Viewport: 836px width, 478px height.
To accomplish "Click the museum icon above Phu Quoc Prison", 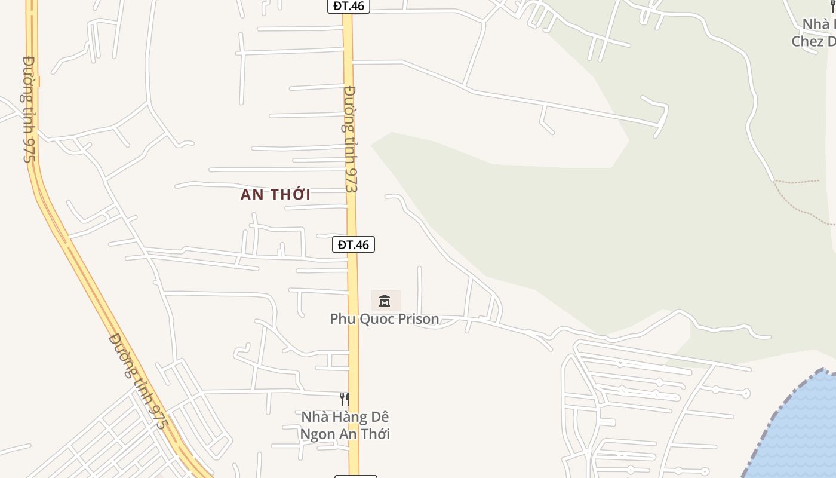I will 385,301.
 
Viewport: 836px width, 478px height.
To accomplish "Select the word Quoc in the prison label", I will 372,319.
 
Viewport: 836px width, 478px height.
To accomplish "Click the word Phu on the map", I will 343,319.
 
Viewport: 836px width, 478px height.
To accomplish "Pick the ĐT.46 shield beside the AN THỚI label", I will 354,244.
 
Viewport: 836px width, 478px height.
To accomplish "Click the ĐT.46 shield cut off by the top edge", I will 349,6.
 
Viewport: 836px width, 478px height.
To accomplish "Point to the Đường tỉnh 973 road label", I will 351,139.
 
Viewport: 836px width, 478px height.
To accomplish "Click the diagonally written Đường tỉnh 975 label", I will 139,381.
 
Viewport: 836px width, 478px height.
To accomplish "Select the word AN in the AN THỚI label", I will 251,195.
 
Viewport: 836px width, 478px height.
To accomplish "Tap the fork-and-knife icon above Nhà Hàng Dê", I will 345,399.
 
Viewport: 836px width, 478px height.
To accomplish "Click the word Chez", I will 807,41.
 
